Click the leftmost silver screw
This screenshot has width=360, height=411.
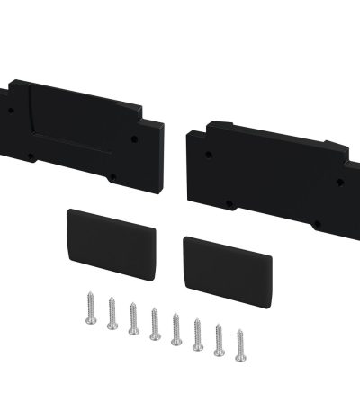pyautogui.click(x=90, y=308)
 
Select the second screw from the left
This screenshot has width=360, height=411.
pyautogui.click(x=112, y=313)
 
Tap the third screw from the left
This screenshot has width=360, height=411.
pyautogui.click(x=133, y=318)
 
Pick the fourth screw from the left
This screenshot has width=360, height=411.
pyautogui.click(x=155, y=324)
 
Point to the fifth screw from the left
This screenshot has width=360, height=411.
pyautogui.click(x=176, y=329)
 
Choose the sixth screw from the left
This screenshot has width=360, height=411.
pyautogui.click(x=197, y=335)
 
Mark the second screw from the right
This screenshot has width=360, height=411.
pyautogui.click(x=219, y=340)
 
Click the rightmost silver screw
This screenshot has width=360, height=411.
pyautogui.click(x=240, y=345)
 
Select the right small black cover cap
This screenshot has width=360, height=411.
pyautogui.click(x=227, y=273)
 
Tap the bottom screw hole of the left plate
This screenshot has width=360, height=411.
pyautogui.click(x=112, y=176)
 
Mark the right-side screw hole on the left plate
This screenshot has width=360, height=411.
pyautogui.click(x=136, y=140)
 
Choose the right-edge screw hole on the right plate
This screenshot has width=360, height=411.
pyautogui.click(x=340, y=183)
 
